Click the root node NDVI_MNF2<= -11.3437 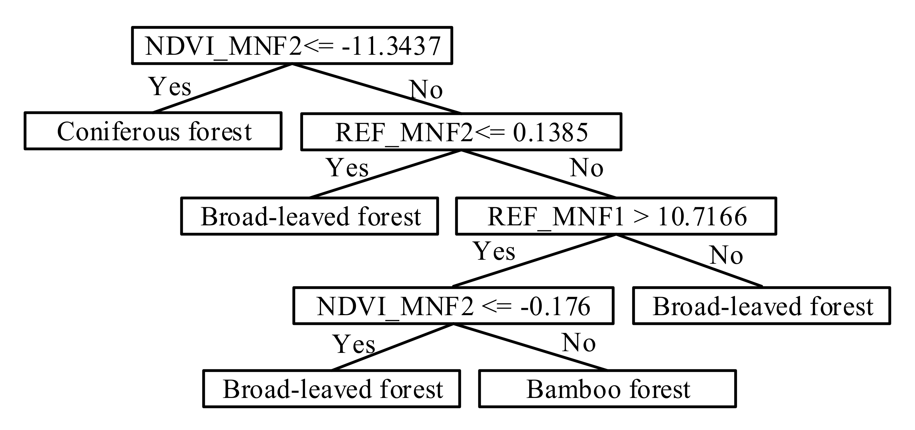292,45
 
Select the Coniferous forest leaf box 153,131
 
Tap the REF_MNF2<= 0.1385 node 461,132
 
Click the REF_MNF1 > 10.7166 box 616,216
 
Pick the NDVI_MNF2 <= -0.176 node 453,306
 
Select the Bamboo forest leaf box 607,389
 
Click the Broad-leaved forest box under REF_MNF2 309,216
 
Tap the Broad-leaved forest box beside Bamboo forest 332,389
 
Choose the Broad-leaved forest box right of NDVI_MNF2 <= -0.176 762,306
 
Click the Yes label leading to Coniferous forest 170,86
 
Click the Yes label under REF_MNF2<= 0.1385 347,168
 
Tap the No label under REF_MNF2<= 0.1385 586,168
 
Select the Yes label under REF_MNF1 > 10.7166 494,251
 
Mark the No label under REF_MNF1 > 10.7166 726,255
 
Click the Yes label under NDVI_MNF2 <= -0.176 354,345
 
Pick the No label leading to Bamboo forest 579,343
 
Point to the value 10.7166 702,217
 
